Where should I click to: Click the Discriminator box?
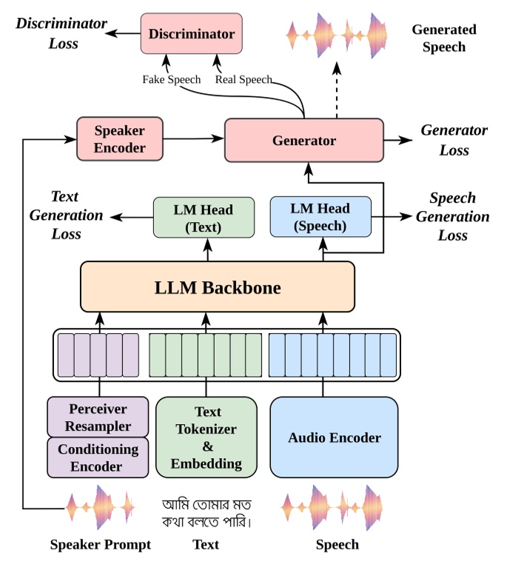(x=191, y=34)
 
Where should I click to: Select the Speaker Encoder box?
(x=119, y=139)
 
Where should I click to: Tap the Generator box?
(x=303, y=141)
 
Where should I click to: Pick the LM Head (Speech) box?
(x=320, y=217)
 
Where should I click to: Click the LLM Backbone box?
(x=217, y=287)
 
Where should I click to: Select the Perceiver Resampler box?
(x=99, y=417)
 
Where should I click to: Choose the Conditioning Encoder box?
(x=98, y=457)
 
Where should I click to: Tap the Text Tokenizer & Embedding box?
(x=206, y=437)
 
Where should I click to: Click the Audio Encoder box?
(x=334, y=437)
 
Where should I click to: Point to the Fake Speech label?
(x=172, y=79)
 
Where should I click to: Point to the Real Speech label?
(x=244, y=79)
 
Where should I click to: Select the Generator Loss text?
(x=454, y=140)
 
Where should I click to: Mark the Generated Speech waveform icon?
(x=338, y=35)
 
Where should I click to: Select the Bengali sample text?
(x=207, y=513)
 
